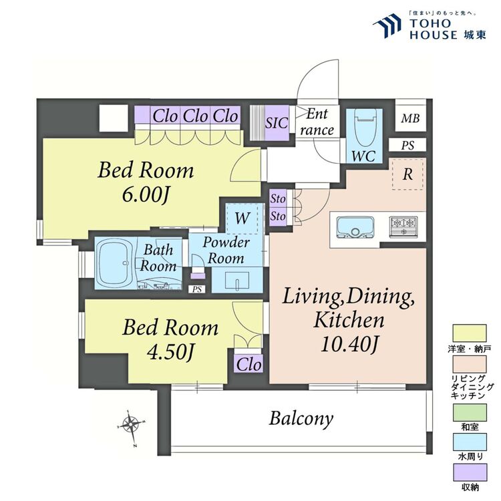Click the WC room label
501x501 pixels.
[x=363, y=156]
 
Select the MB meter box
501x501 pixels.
[x=411, y=118]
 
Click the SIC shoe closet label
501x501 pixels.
[x=277, y=123]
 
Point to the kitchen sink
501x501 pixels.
[x=355, y=228]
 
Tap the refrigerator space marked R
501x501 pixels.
[x=407, y=174]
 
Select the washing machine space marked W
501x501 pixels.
[x=242, y=218]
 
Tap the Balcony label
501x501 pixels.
[x=301, y=418]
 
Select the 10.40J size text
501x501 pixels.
[x=349, y=344]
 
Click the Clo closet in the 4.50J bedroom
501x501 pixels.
[x=249, y=363]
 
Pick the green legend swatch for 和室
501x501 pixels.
[x=470, y=413]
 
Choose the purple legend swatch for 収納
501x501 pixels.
[x=470, y=472]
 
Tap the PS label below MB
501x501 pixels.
[x=407, y=146]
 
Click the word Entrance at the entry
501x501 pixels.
[x=317, y=122]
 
